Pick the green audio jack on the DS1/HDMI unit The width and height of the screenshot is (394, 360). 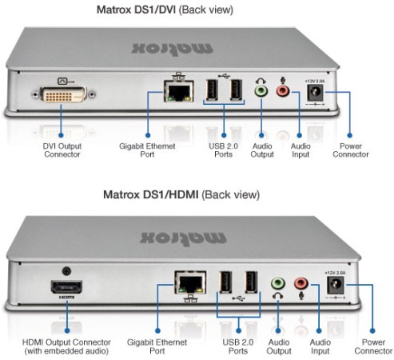277,283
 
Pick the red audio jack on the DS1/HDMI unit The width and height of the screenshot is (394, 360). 301,283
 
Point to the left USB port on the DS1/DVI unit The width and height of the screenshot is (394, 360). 211,92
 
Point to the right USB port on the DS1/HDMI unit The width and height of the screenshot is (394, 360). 251,284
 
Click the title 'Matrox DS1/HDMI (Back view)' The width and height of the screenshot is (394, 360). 197,196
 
